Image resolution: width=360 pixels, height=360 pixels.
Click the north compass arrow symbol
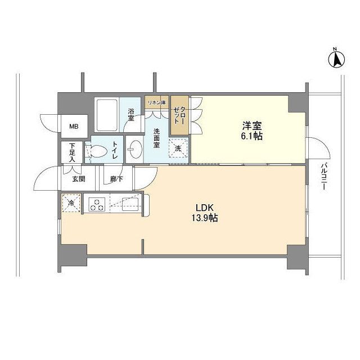coord(336,59)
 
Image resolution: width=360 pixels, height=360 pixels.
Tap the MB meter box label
coord(74,127)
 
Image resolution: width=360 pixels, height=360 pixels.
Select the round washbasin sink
coord(136,150)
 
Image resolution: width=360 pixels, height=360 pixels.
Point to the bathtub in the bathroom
coord(106,114)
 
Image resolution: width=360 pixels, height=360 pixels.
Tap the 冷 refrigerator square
coord(71,202)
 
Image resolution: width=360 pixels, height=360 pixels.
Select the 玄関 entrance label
coord(78,179)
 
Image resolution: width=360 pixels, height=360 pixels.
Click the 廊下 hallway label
coord(116,179)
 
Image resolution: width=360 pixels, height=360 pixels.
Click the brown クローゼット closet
coord(178,115)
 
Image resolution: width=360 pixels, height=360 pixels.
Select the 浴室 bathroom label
coord(130,115)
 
